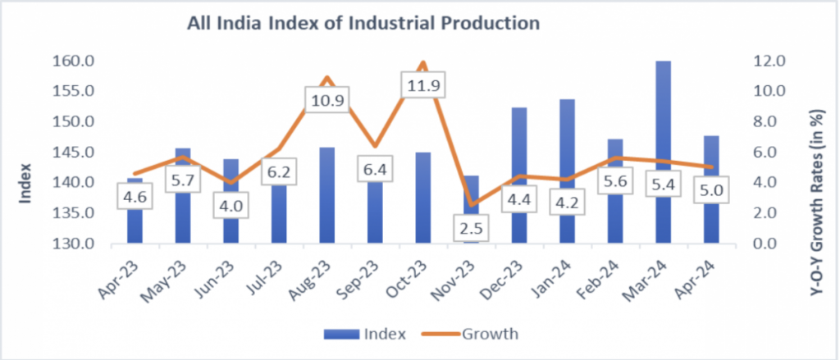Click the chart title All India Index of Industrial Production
tap(364, 24)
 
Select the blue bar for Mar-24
tap(663, 123)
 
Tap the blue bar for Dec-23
tap(518, 148)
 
